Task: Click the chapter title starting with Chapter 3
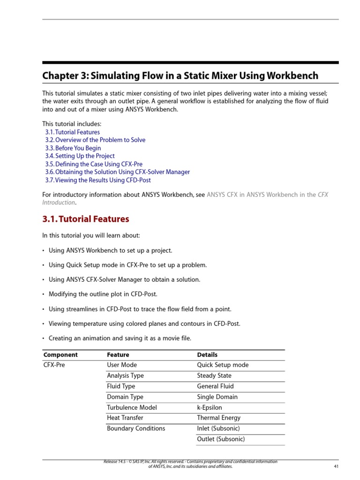tap(180, 76)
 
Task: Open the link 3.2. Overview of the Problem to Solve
tap(95, 140)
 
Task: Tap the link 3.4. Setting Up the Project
tap(80, 156)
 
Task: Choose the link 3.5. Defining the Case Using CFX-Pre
tap(94, 164)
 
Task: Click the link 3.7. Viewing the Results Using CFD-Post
tap(98, 180)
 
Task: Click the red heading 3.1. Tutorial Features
tap(85, 219)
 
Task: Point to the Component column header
tap(60, 355)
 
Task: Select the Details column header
tap(207, 355)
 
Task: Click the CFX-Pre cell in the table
tap(53, 365)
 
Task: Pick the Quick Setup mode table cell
tap(223, 365)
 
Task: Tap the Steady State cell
tap(214, 376)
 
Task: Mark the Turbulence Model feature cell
tap(132, 407)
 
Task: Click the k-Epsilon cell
tap(210, 407)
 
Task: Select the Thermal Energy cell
tap(218, 418)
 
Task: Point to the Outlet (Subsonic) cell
tap(221, 439)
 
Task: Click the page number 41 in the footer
tap(336, 466)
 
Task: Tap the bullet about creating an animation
tap(120, 338)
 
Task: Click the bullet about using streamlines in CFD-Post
tap(140, 309)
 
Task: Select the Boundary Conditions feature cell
tap(136, 428)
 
